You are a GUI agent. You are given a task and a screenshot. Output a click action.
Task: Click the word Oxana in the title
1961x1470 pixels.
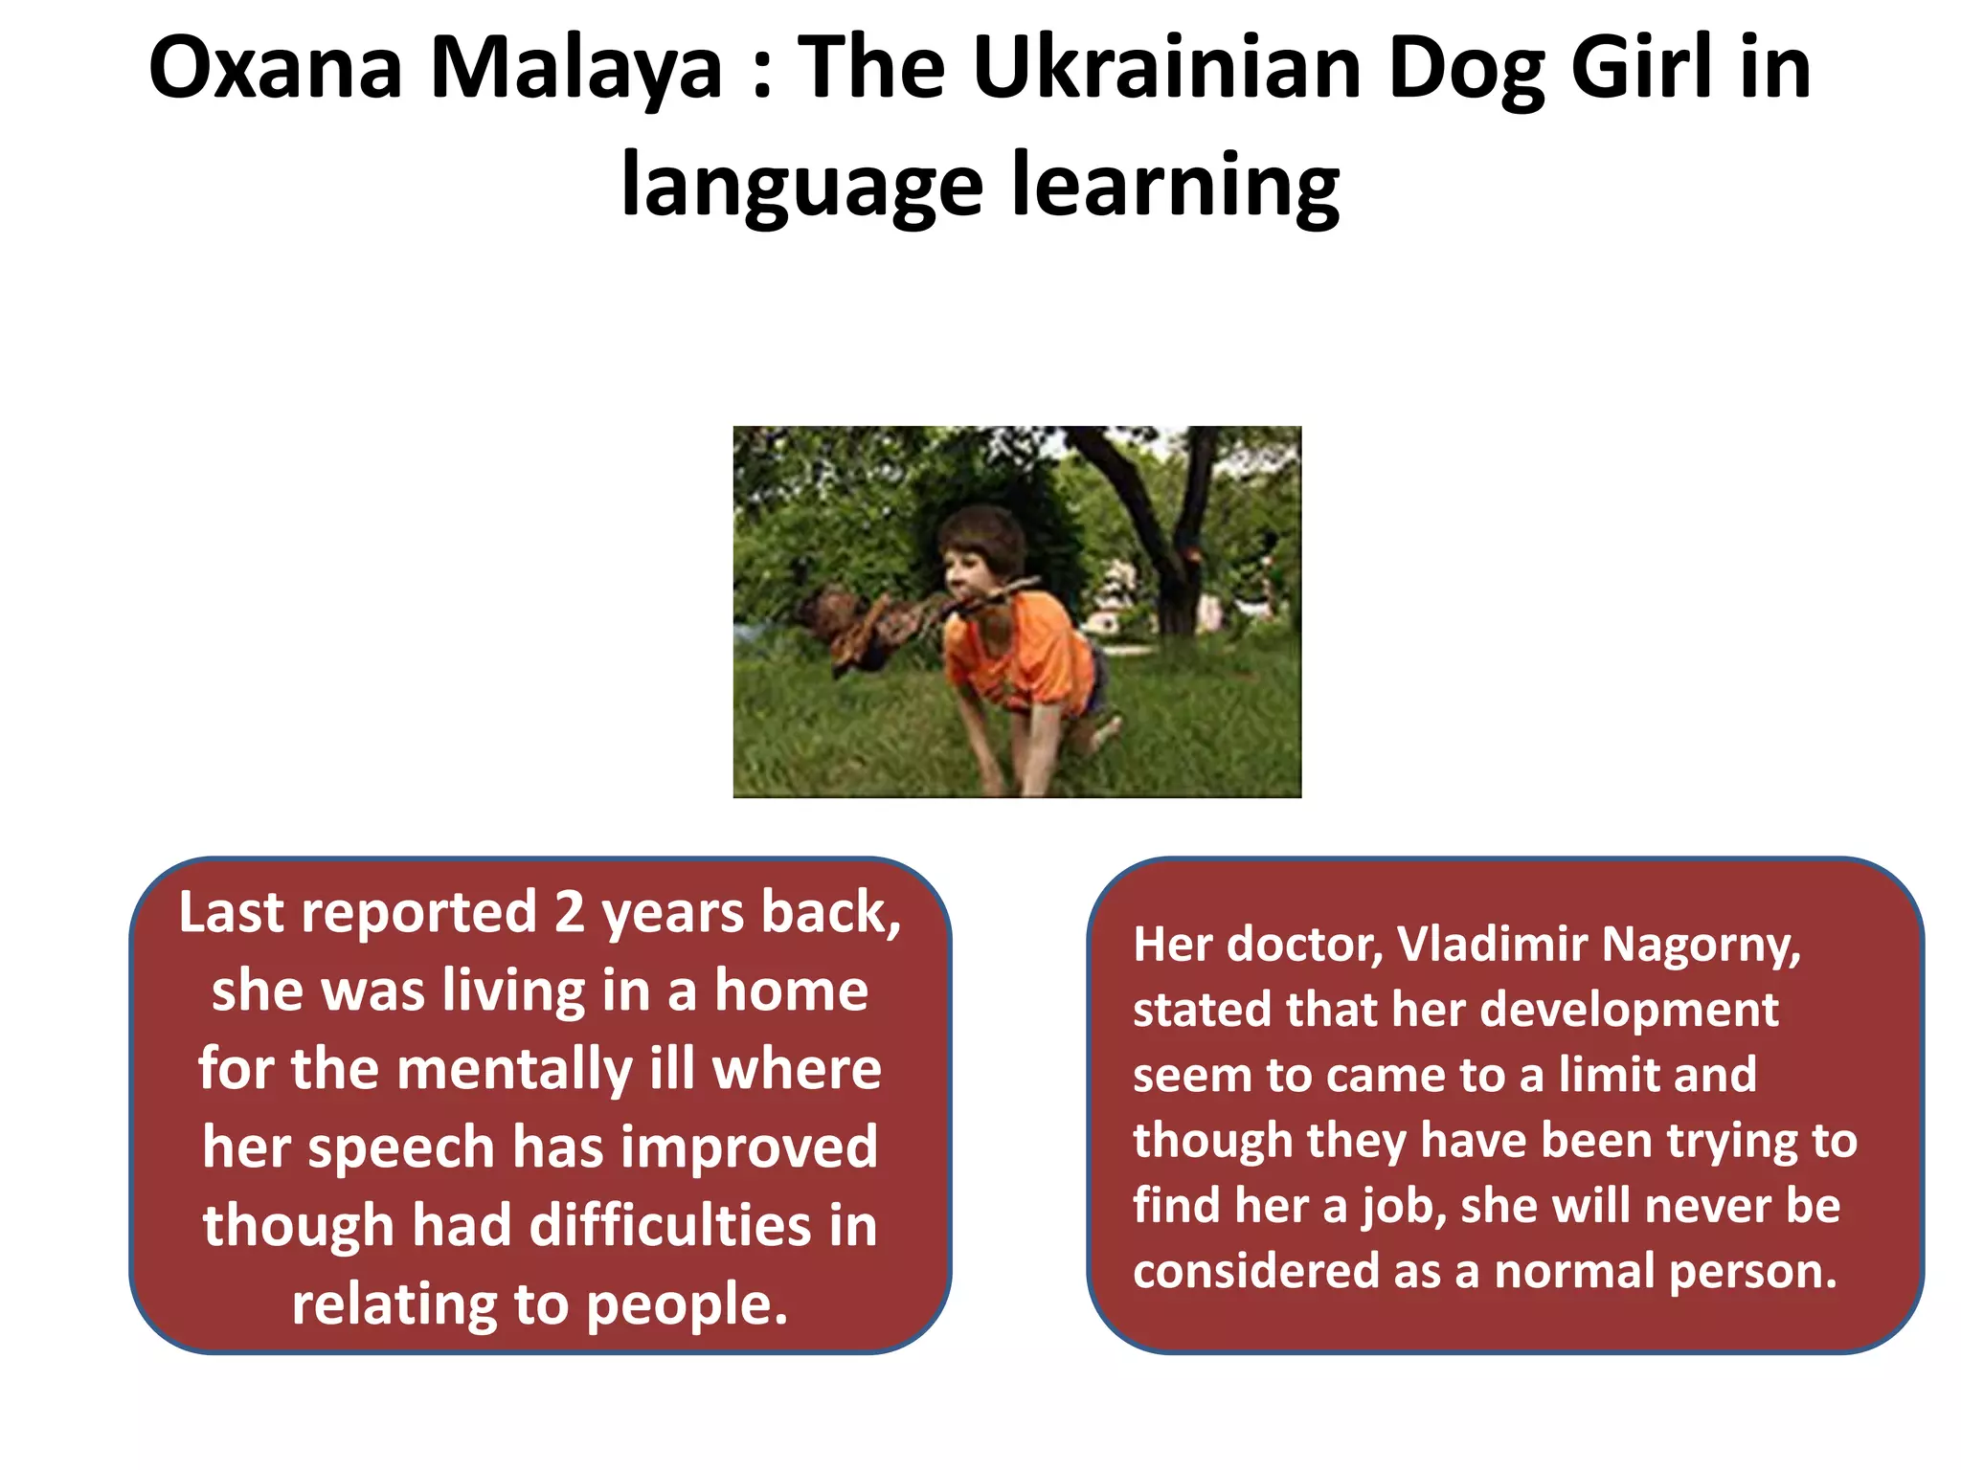[275, 69]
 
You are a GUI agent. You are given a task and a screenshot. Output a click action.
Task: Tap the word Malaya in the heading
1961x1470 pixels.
[576, 69]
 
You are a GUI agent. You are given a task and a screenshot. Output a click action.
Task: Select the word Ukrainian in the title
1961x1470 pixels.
[1166, 69]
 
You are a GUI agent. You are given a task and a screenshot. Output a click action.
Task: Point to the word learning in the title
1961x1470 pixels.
[1176, 187]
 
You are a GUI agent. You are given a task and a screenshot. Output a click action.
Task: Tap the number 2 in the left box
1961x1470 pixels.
[569, 912]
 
